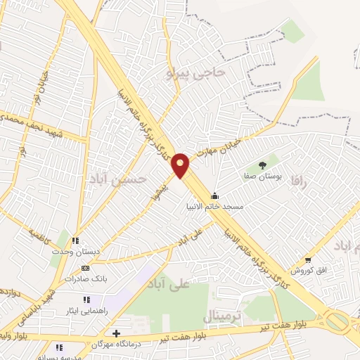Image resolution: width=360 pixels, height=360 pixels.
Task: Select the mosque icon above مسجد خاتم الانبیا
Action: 214,196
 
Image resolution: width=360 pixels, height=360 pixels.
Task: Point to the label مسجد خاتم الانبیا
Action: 214,207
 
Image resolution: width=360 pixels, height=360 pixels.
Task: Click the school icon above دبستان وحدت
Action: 75,240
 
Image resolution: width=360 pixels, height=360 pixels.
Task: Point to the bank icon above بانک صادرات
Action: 85,268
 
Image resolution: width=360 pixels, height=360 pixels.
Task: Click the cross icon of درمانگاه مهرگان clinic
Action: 116,333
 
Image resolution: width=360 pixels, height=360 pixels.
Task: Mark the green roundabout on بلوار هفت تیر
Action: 337,322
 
